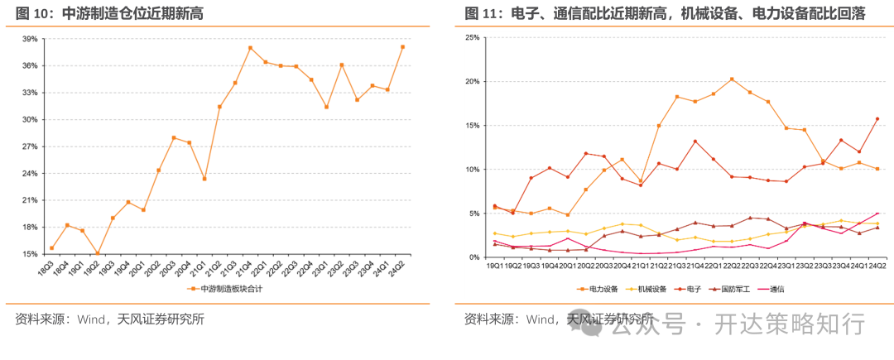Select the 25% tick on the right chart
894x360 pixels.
click(472, 38)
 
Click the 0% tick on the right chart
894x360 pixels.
click(474, 257)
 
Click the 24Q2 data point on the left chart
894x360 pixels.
click(403, 47)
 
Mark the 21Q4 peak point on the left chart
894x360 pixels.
click(250, 48)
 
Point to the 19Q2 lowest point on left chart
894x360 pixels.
click(97, 253)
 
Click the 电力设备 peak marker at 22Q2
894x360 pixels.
click(732, 79)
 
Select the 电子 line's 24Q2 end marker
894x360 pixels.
click(877, 118)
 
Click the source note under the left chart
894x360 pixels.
click(109, 319)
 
